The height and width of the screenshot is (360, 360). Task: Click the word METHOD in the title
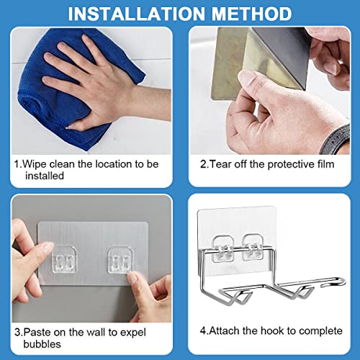pos(249,14)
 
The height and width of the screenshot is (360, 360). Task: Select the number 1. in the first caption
pos(17,164)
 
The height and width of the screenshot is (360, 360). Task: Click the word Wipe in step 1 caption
pos(35,164)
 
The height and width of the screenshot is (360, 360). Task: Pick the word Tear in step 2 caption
pos(220,164)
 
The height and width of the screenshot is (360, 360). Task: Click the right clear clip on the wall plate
pos(118,257)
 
